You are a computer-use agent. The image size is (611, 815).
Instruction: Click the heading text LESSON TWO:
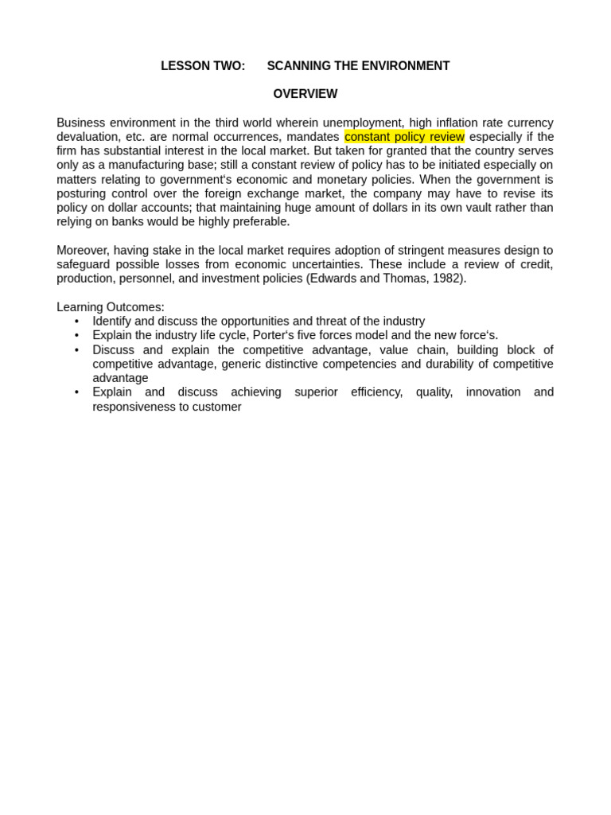click(203, 66)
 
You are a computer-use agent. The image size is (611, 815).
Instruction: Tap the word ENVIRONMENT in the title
click(404, 66)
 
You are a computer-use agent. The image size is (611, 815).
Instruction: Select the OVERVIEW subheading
click(305, 94)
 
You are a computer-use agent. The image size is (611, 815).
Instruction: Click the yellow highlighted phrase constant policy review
click(404, 137)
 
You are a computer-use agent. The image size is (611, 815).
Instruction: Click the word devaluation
click(88, 137)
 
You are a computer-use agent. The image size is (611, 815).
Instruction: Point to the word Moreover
click(82, 251)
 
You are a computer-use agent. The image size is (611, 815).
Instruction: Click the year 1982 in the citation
click(447, 279)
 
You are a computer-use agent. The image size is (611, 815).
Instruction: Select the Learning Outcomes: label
click(111, 307)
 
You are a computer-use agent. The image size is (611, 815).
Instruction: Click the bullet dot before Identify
click(76, 322)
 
